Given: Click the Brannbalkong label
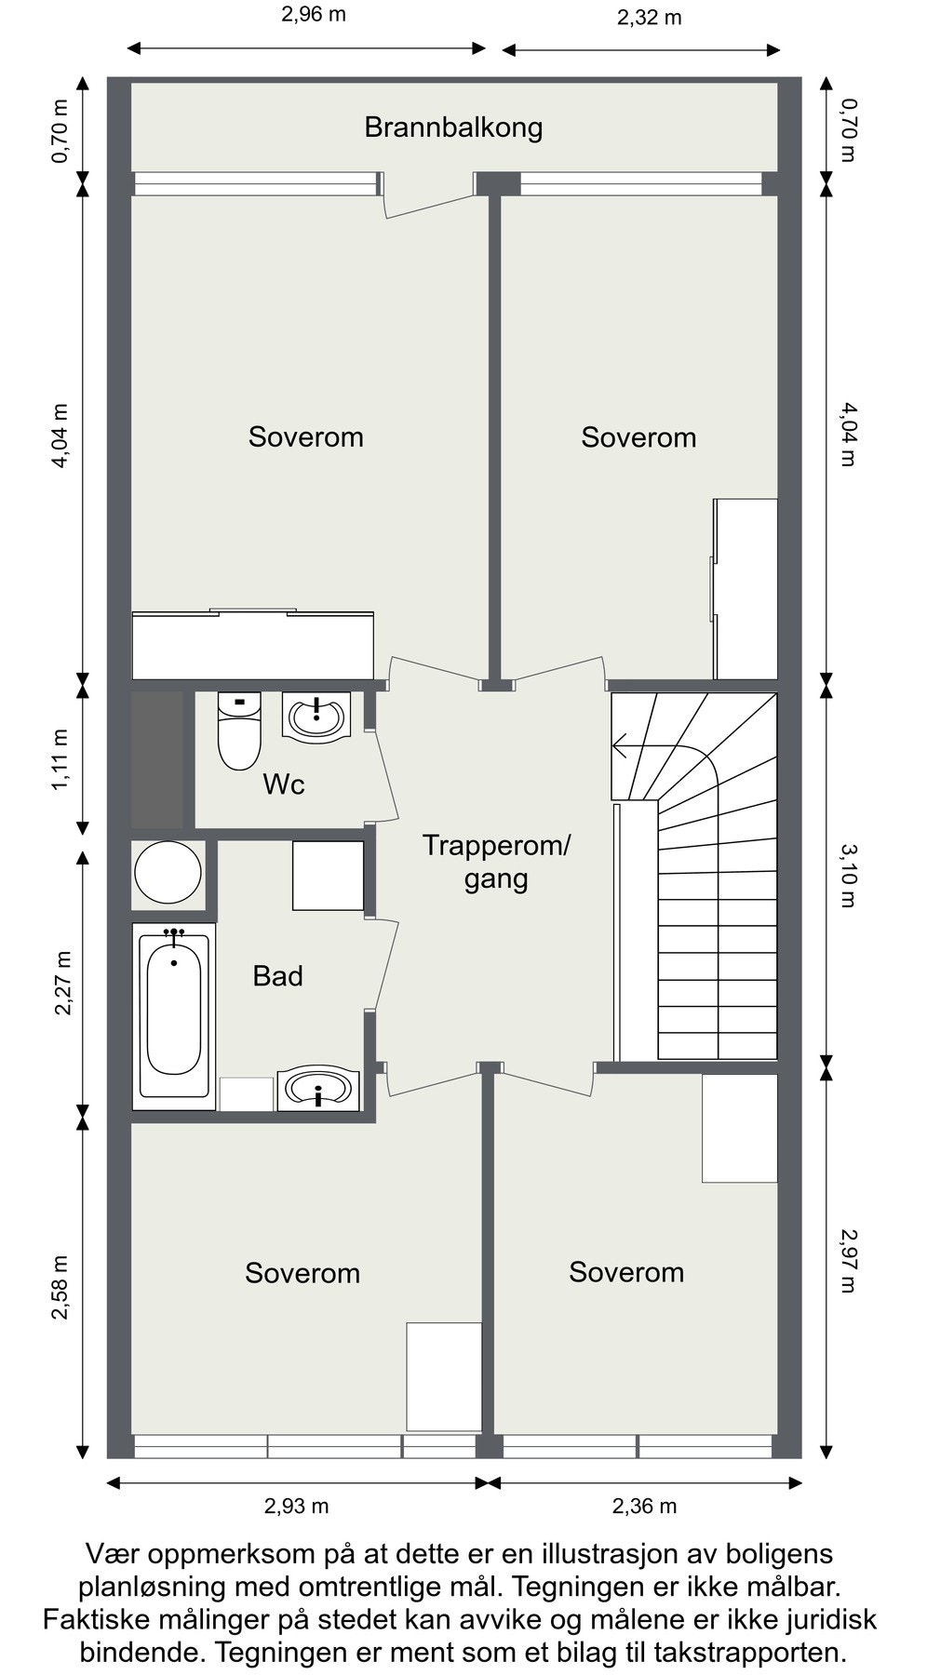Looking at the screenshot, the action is pyautogui.click(x=453, y=127).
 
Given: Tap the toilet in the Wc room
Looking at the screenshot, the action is pyautogui.click(x=239, y=731).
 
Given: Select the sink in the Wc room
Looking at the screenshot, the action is pyautogui.click(x=316, y=717).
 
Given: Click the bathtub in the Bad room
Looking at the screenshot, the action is pyautogui.click(x=174, y=1016).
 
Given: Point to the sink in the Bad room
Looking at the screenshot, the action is pyautogui.click(x=320, y=1088).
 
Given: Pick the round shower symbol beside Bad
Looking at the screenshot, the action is pyautogui.click(x=168, y=873).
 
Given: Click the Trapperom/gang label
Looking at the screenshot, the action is pyautogui.click(x=496, y=862).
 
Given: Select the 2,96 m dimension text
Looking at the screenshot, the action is pyautogui.click(x=314, y=15).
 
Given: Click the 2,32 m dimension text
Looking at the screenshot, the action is pyautogui.click(x=649, y=17).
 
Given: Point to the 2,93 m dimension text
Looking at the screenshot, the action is pyautogui.click(x=296, y=1506).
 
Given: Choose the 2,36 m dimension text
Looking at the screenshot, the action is pyautogui.click(x=644, y=1506).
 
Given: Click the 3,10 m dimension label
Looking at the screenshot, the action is pyautogui.click(x=848, y=875).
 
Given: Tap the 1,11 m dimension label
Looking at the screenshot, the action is pyautogui.click(x=60, y=759).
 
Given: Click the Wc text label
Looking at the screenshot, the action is pyautogui.click(x=284, y=784).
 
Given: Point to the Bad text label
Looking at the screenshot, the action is pyautogui.click(x=277, y=976).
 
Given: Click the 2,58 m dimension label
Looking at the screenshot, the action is pyautogui.click(x=60, y=1287).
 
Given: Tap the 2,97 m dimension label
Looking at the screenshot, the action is pyautogui.click(x=848, y=1261).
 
